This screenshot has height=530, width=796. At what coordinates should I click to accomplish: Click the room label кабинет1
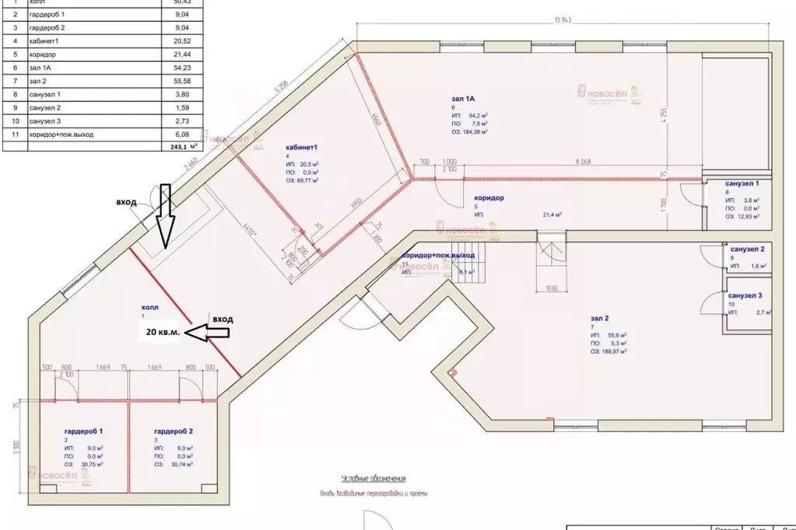click(x=304, y=147)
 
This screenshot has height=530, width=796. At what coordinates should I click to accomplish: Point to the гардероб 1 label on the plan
click(x=84, y=431)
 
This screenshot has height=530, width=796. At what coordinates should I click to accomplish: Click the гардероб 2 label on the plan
click(x=173, y=431)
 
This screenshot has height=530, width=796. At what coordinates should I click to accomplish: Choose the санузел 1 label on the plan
click(x=746, y=183)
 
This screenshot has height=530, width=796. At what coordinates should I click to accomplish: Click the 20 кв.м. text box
click(x=163, y=332)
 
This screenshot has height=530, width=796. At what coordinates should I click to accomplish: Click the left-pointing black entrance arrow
click(x=209, y=333)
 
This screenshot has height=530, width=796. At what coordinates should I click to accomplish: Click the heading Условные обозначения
click(x=373, y=479)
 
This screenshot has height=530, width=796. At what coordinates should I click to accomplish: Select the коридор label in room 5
click(x=488, y=198)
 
